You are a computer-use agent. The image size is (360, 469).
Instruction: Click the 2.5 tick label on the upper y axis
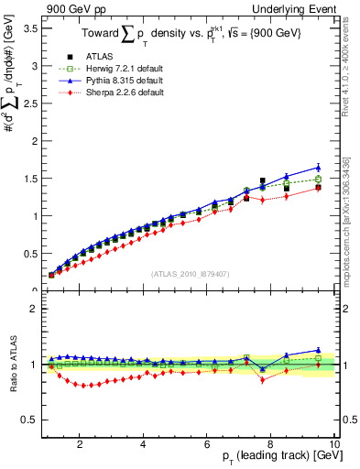29,104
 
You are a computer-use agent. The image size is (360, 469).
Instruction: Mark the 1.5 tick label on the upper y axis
29,179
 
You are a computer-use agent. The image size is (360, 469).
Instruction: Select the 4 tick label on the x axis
143,444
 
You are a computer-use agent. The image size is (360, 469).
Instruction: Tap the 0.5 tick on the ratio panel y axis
29,420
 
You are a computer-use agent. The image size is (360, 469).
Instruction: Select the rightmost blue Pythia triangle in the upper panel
318,168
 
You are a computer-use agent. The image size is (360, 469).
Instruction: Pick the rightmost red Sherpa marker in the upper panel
318,188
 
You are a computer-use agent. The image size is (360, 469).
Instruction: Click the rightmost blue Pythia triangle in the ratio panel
318,350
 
